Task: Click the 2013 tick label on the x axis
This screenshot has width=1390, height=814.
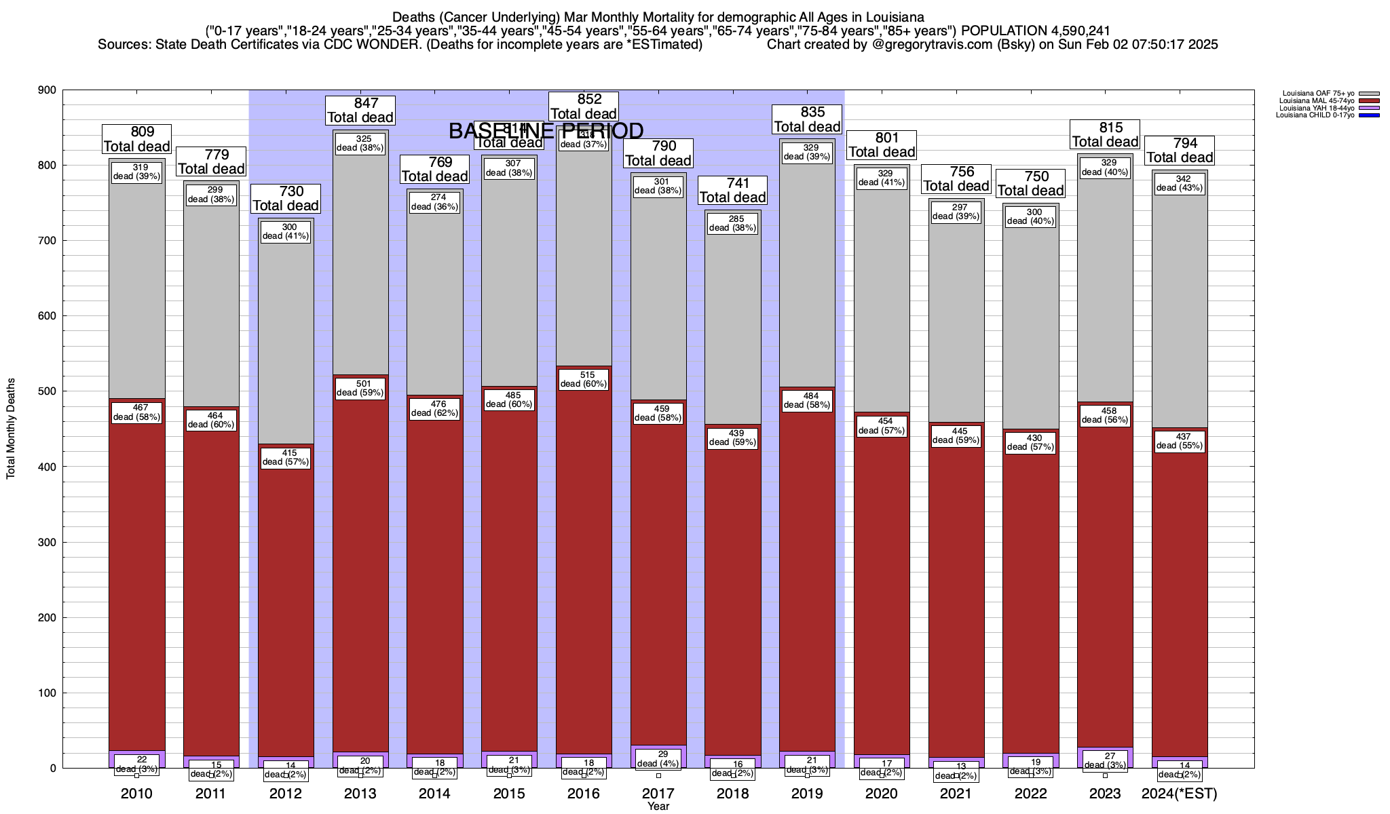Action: [x=360, y=793]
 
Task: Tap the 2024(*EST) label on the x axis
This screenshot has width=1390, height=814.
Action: [x=1180, y=793]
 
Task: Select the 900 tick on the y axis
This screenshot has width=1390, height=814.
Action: [x=49, y=90]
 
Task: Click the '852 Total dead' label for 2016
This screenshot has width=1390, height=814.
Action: [x=584, y=106]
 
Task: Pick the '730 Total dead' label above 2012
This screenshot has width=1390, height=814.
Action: [x=286, y=198]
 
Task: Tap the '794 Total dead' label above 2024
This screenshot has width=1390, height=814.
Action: [x=1180, y=150]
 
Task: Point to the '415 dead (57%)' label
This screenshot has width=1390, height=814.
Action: [x=286, y=457]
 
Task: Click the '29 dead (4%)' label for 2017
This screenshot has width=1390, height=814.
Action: [x=658, y=758]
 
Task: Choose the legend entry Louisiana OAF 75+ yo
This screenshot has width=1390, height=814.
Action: [x=1317, y=94]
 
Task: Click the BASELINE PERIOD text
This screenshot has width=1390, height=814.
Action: [x=546, y=131]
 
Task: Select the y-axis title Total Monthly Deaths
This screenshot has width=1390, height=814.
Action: [x=11, y=429]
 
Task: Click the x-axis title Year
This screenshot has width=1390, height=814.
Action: [x=658, y=807]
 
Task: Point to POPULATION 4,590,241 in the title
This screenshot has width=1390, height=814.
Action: [x=1036, y=31]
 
